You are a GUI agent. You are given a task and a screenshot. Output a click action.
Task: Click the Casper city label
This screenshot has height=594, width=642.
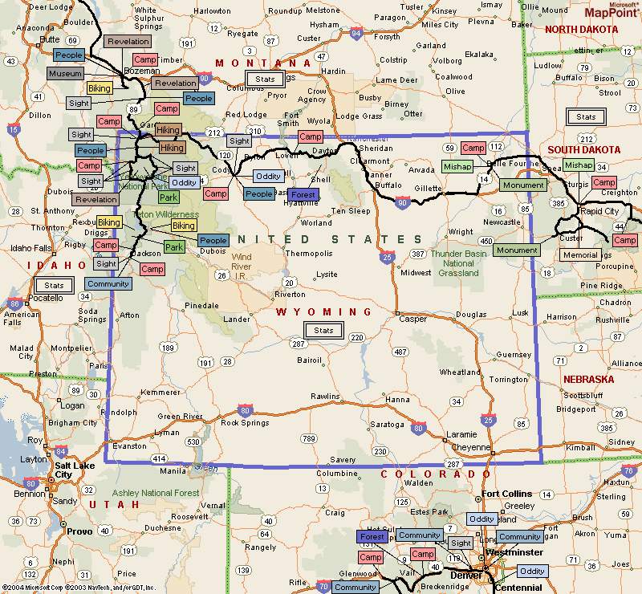click(412, 319)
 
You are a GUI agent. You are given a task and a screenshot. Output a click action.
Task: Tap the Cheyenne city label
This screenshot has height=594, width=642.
click(470, 447)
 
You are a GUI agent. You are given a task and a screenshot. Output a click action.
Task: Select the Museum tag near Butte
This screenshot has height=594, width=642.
click(65, 73)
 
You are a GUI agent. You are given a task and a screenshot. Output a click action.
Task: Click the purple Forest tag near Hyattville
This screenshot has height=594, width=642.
click(303, 195)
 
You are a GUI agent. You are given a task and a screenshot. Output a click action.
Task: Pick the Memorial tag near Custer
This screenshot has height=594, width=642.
click(580, 255)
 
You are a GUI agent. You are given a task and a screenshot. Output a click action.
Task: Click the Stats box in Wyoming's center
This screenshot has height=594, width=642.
click(323, 330)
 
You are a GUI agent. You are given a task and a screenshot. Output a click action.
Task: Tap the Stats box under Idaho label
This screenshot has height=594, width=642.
click(54, 285)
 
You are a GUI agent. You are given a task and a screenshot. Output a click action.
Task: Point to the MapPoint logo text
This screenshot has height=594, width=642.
click(611, 13)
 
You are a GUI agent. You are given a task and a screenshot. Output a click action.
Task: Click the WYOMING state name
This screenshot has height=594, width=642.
click(324, 311)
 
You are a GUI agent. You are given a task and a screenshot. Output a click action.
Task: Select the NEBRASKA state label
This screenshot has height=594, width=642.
click(587, 379)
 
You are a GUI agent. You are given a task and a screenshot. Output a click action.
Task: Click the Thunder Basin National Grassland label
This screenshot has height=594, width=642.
click(458, 262)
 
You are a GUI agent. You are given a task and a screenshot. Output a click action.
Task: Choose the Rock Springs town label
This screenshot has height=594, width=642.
click(244, 422)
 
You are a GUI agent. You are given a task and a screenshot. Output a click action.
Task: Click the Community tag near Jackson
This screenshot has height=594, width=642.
click(108, 283)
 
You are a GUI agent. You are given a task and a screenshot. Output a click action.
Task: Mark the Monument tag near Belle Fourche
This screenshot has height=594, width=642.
click(522, 185)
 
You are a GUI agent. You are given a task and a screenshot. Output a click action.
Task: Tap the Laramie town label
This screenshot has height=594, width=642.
click(461, 433)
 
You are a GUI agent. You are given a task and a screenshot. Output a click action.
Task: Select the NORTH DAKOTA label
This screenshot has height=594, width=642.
click(582, 29)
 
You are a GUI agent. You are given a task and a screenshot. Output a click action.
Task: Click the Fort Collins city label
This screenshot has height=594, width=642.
click(506, 493)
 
